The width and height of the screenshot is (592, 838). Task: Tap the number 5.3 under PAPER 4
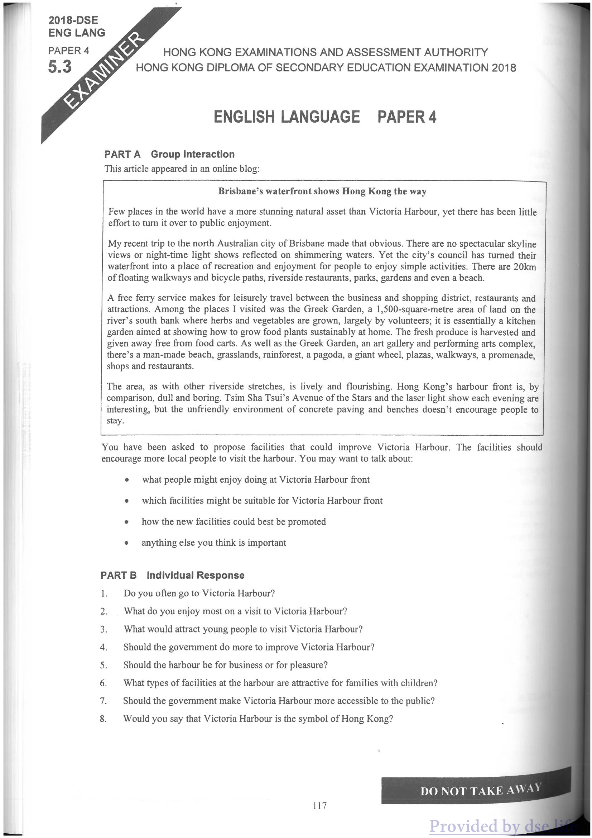click(60, 67)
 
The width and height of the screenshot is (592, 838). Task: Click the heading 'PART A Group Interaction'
click(169, 155)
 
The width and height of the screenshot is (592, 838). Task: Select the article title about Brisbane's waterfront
click(322, 191)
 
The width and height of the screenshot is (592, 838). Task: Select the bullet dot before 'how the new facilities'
click(126, 522)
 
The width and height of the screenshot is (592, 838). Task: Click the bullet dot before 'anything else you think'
click(126, 543)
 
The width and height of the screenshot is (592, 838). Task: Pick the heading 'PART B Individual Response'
click(172, 576)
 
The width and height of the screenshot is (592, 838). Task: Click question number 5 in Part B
click(104, 666)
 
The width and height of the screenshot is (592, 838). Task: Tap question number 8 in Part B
click(104, 719)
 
